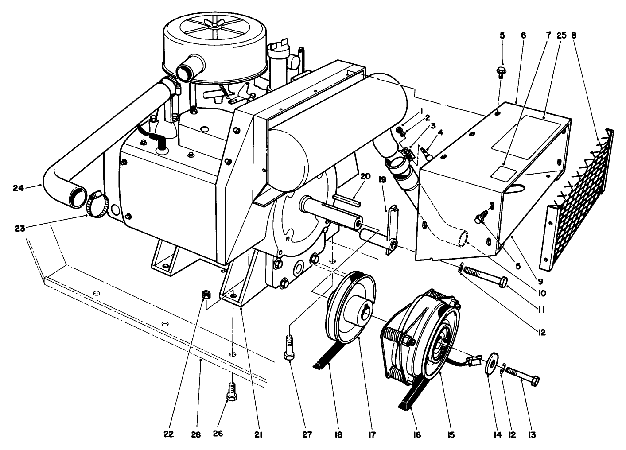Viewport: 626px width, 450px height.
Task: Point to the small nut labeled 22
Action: point(206,294)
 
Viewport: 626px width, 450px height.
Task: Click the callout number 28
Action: point(195,435)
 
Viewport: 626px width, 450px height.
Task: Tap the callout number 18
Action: point(338,435)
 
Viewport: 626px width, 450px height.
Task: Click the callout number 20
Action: point(365,176)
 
